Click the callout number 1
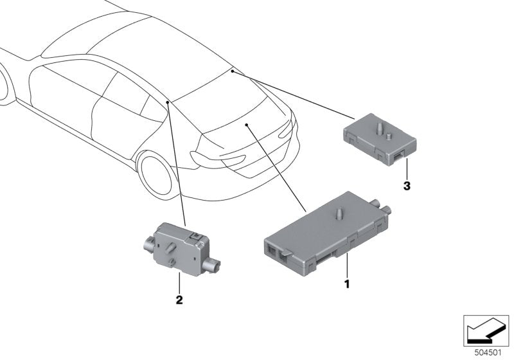[x=347, y=283]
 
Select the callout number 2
[x=180, y=300]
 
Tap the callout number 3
[x=406, y=186]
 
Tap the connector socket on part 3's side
[x=400, y=154]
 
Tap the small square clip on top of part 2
[x=193, y=238]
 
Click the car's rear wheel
[x=155, y=176]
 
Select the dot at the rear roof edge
[x=232, y=73]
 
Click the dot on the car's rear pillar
[x=167, y=102]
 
